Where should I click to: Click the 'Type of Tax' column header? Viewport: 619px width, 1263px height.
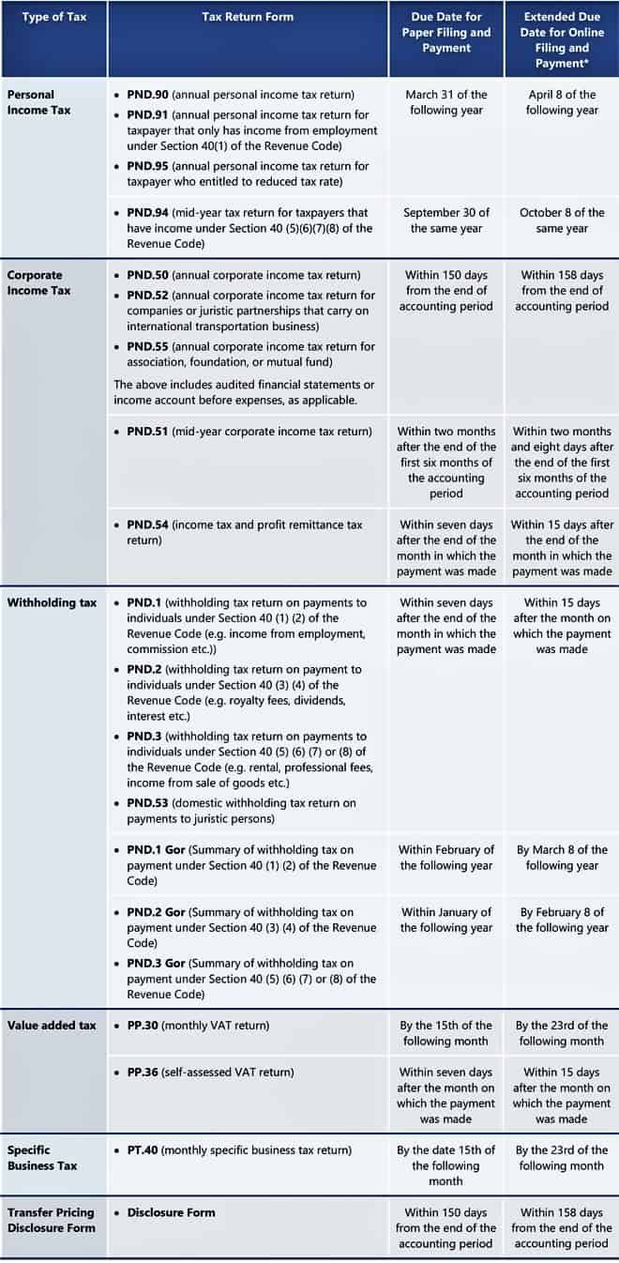coord(53,17)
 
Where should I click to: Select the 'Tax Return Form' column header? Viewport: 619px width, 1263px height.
coord(248,17)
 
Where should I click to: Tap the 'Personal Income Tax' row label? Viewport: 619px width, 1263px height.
coord(31,102)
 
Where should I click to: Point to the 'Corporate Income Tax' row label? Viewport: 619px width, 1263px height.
coord(35,282)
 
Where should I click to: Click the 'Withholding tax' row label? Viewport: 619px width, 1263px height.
coord(52,602)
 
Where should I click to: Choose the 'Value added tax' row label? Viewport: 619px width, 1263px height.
coord(52,1026)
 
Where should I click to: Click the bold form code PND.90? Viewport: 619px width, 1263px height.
coord(147,95)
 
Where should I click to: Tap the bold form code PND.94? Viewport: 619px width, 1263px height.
coord(147,213)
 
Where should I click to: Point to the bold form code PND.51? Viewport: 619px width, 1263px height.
coord(147,432)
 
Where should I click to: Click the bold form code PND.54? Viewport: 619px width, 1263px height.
coord(147,525)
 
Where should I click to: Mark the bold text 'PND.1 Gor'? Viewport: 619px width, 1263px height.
coord(157,850)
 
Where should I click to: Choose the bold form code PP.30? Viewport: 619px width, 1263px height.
coord(143,1026)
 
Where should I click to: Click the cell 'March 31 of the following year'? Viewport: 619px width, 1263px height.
coord(446,102)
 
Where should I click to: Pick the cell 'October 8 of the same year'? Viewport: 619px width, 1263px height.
coord(562,221)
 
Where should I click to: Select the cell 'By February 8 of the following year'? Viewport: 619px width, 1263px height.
coord(562,920)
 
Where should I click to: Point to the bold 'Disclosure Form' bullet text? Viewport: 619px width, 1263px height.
coord(171,1212)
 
